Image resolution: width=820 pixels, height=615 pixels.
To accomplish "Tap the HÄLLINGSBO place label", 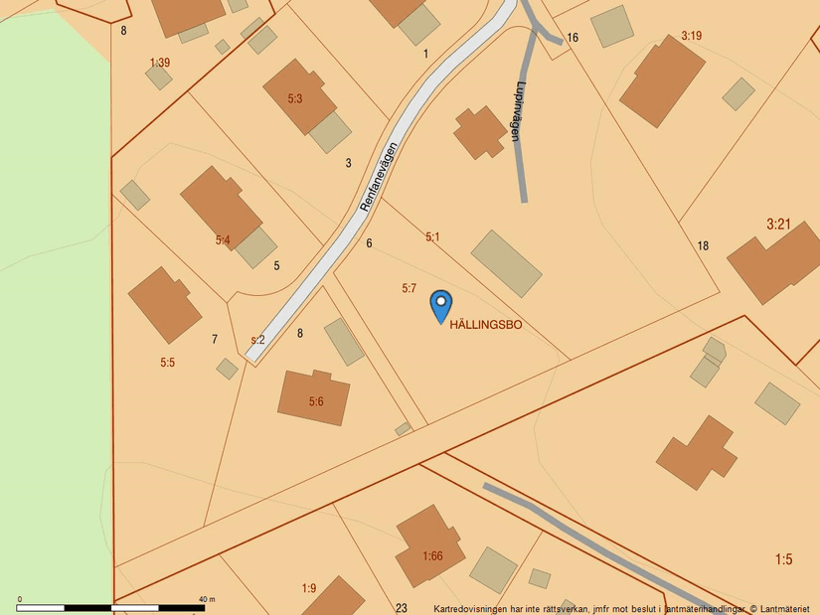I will [x=486, y=325].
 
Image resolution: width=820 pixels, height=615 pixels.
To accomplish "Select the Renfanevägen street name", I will [x=379, y=180].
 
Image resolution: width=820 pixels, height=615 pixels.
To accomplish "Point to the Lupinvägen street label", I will [x=517, y=110].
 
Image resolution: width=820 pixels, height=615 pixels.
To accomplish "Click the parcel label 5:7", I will [x=409, y=288].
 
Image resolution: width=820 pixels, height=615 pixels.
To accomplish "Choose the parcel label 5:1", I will [x=432, y=237].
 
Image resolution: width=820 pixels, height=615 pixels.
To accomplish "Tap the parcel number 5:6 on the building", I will [x=316, y=401].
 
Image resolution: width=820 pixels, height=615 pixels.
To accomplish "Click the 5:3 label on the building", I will [x=295, y=99].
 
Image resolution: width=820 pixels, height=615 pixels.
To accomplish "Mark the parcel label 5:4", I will [x=223, y=240].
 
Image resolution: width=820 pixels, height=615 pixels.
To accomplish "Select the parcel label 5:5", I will [x=167, y=363].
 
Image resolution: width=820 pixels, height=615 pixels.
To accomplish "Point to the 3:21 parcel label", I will [x=778, y=225].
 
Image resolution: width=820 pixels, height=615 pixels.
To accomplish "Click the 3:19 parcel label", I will [x=692, y=36].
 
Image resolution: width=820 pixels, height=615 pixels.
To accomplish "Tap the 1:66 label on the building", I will [x=432, y=556].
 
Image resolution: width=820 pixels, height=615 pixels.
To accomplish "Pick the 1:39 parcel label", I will [x=159, y=63].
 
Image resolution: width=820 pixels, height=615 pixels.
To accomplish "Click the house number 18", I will [x=703, y=245].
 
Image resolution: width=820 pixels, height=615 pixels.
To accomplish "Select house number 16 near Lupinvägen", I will [x=573, y=38].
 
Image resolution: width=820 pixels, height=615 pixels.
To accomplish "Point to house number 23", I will [x=402, y=608].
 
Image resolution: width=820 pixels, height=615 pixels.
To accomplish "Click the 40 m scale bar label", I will [x=207, y=599].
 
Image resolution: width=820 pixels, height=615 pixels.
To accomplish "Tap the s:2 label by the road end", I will [x=257, y=340].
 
